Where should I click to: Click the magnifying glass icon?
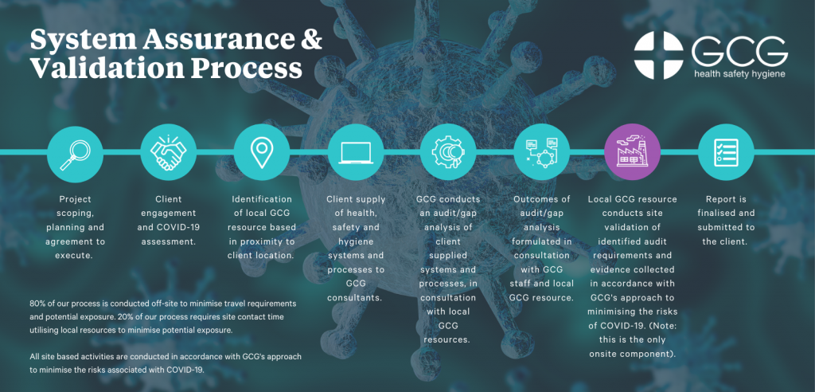click(75, 151)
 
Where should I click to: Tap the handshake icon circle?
click(169, 151)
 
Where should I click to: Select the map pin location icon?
click(262, 151)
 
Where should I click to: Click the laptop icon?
click(356, 151)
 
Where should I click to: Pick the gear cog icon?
click(448, 151)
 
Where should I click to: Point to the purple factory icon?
click(633, 151)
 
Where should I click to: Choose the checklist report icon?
click(726, 151)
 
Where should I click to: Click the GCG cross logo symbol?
click(659, 56)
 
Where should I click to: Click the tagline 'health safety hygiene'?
click(739, 74)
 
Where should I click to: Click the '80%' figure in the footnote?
click(37, 304)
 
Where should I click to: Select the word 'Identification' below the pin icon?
click(262, 199)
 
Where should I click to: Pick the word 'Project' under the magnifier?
click(75, 199)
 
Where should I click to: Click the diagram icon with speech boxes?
click(541, 151)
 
